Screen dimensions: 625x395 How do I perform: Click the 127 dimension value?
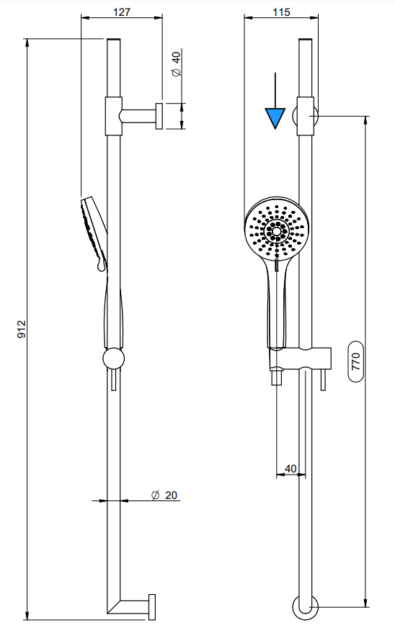pyautogui.click(x=121, y=12)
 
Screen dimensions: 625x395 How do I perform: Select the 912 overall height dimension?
pyautogui.click(x=21, y=329)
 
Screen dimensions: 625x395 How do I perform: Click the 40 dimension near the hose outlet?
pyautogui.click(x=290, y=468)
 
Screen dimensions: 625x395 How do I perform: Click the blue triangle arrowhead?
pyautogui.click(x=275, y=117)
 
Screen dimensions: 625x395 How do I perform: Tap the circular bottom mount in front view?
pyautogui.click(x=306, y=606)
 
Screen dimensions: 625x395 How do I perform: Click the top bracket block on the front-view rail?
pyautogui.click(x=306, y=115)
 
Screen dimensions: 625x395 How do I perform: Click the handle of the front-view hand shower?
pyautogui.click(x=276, y=302)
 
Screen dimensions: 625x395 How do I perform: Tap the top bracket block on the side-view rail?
pyautogui.click(x=114, y=115)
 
